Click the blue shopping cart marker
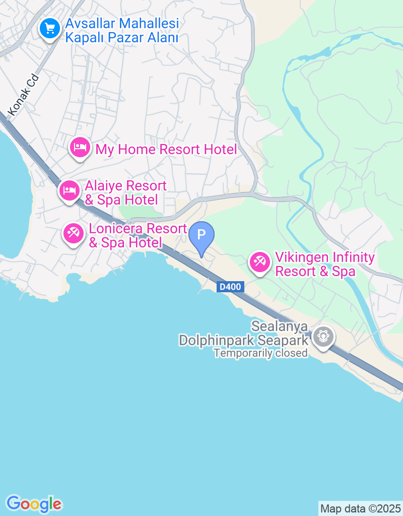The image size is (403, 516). [49, 29]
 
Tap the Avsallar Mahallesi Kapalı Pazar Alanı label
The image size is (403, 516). [122, 31]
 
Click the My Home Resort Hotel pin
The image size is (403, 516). [80, 148]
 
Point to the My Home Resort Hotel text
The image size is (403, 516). [166, 149]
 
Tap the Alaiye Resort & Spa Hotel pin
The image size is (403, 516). [69, 190]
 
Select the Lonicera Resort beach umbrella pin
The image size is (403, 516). [74, 233]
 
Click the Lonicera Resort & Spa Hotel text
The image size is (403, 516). [138, 235]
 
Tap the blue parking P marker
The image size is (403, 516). [201, 235]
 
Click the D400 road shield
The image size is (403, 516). [231, 287]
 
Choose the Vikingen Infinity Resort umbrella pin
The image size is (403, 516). [260, 262]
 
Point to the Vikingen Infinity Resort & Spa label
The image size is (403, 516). [325, 265]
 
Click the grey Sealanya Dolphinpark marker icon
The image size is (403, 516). [323, 336]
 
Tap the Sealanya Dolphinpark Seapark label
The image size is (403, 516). [244, 334]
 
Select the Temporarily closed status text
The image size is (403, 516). [260, 353]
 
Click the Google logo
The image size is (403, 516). [34, 503]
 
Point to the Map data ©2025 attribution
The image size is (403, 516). [360, 508]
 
